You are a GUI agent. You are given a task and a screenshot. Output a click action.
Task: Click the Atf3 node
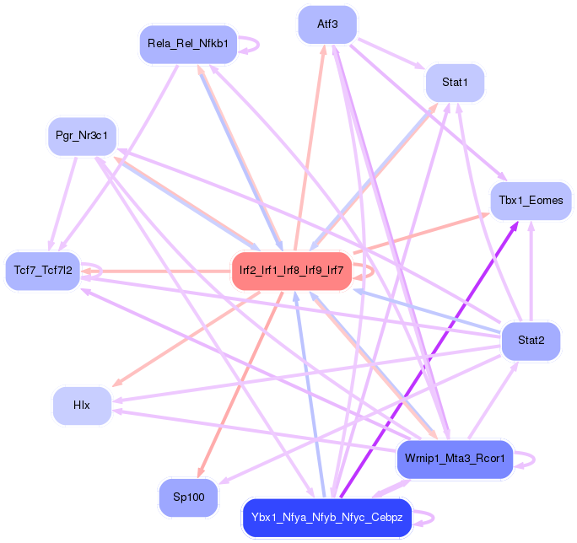[x=327, y=24]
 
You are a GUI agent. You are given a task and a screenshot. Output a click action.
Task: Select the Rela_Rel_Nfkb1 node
[x=188, y=44]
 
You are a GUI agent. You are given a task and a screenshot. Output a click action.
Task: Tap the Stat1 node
[x=455, y=83]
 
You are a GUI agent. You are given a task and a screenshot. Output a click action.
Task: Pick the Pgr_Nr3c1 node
[x=82, y=136]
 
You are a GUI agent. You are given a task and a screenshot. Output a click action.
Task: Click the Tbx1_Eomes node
[x=531, y=201]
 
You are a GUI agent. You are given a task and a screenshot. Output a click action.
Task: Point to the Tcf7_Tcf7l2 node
[x=43, y=271]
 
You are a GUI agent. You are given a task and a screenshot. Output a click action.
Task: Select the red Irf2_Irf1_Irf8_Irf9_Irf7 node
[x=291, y=271]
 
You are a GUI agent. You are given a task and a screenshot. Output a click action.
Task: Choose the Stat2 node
[x=530, y=341]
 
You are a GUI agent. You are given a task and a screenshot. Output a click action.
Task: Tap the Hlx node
[x=82, y=405]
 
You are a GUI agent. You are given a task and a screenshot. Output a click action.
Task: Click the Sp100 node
[x=189, y=497]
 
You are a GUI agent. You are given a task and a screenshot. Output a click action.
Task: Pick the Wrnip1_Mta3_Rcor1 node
[x=454, y=460]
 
